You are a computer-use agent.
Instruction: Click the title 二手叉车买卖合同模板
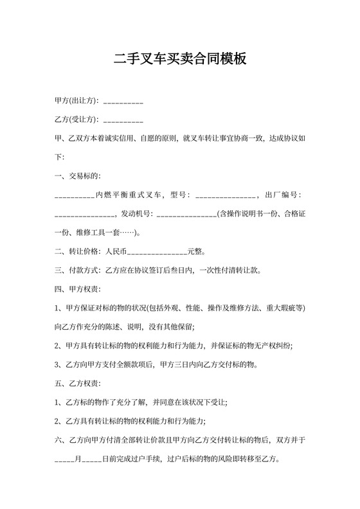click(179, 60)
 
